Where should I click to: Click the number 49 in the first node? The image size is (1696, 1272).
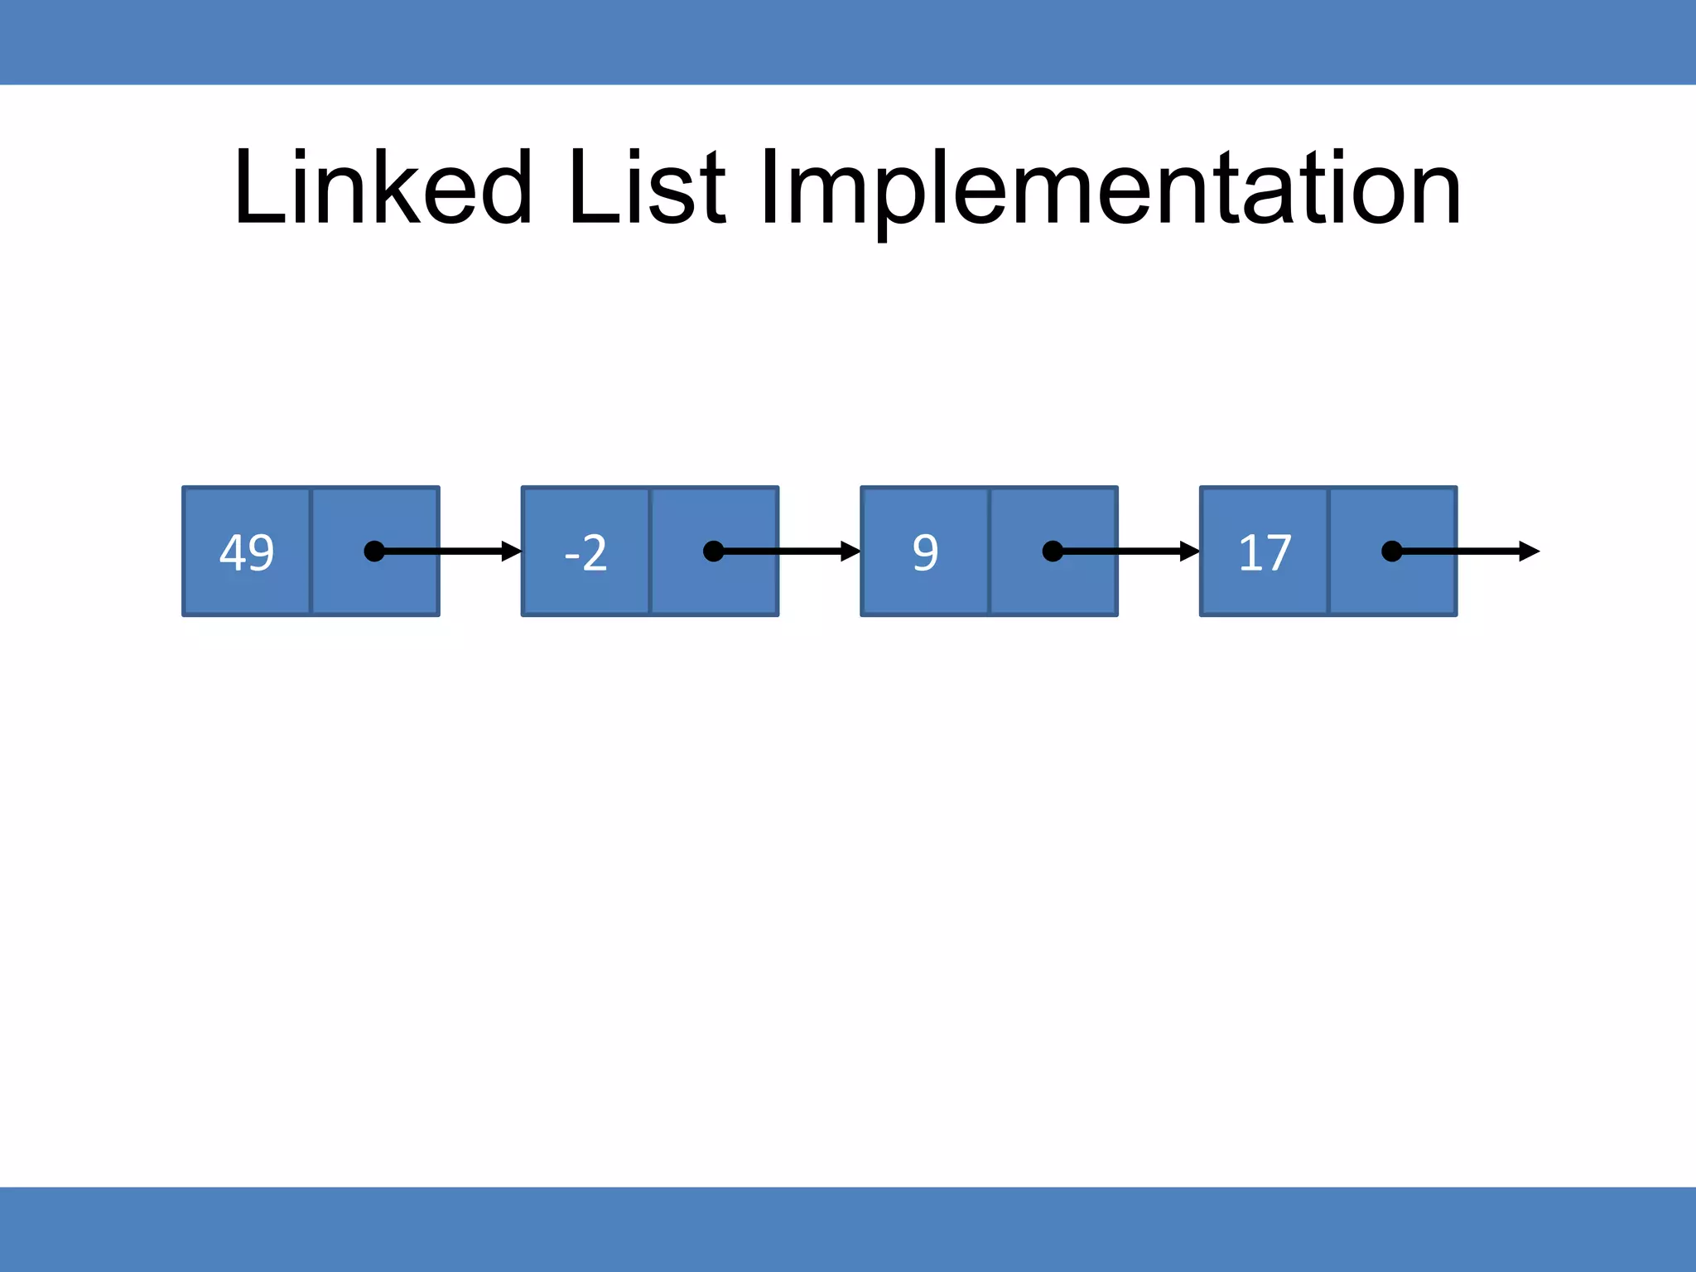[247, 552]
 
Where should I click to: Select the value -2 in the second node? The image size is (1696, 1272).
[585, 552]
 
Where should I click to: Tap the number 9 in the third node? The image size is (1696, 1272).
[925, 552]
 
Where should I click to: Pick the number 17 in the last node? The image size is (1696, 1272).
[1265, 552]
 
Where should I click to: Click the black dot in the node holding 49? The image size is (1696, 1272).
[374, 552]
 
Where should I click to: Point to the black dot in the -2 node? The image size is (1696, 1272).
[713, 552]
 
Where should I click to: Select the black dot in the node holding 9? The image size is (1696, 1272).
[1053, 552]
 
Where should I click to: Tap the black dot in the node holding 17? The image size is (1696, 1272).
[1392, 552]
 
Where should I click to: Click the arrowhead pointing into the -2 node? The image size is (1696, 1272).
[512, 552]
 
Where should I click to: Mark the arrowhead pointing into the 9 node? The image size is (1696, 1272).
[850, 552]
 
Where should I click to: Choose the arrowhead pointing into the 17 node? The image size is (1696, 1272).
[1190, 552]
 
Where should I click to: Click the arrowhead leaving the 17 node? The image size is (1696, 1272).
[1529, 552]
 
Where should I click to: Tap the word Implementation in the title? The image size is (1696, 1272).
[1110, 189]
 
